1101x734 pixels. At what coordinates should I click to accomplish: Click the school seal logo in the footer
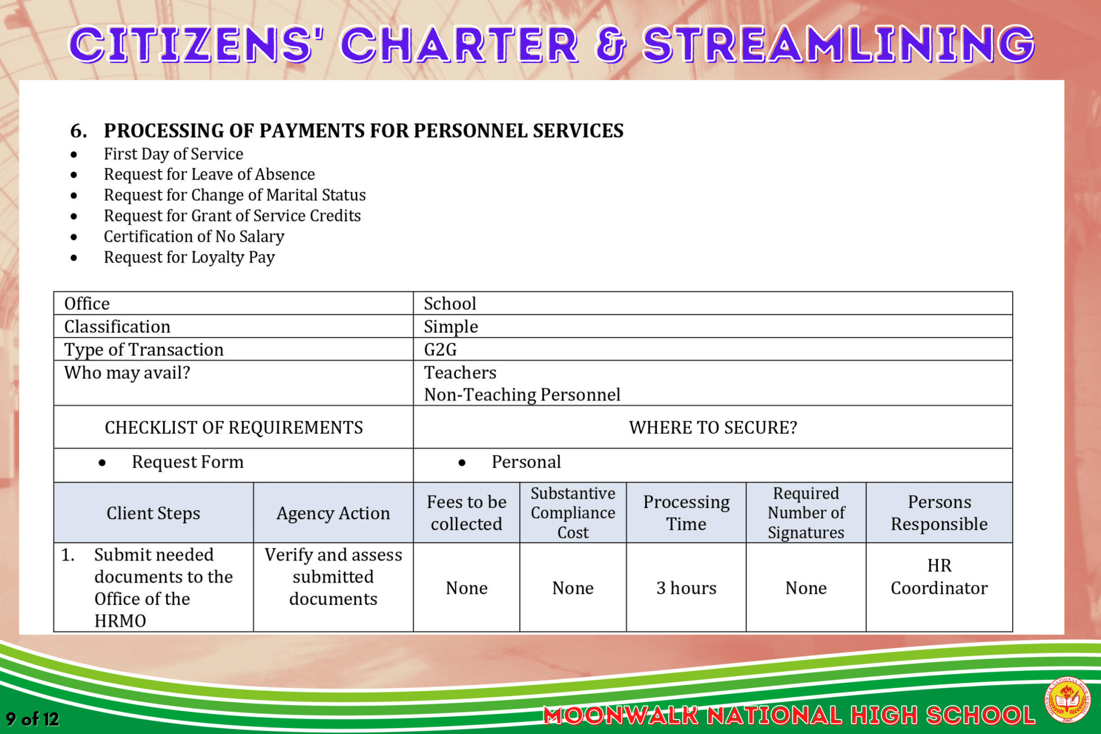pyautogui.click(x=1068, y=700)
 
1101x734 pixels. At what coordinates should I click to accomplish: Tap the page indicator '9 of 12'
pyautogui.click(x=32, y=719)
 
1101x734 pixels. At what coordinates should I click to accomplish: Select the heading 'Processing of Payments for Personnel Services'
pyautogui.click(x=363, y=131)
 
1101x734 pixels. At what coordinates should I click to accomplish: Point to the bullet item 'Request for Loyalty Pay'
pyautogui.click(x=189, y=257)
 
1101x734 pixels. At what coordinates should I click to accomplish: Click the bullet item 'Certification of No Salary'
pyautogui.click(x=194, y=236)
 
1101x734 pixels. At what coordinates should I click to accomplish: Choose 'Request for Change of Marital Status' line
pyautogui.click(x=235, y=195)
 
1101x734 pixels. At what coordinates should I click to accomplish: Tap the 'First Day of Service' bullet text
pyautogui.click(x=173, y=154)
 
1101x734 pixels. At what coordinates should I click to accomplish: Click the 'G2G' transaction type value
pyautogui.click(x=440, y=350)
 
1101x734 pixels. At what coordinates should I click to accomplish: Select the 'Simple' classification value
pyautogui.click(x=451, y=327)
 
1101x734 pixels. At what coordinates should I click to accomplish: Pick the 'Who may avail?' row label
pyautogui.click(x=127, y=372)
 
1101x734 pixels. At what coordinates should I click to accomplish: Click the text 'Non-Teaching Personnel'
pyautogui.click(x=522, y=395)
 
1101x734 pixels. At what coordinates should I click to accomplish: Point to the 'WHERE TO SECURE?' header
pyautogui.click(x=712, y=427)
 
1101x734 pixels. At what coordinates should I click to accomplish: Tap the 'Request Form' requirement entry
pyautogui.click(x=187, y=462)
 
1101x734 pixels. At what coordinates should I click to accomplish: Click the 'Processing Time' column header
pyautogui.click(x=686, y=513)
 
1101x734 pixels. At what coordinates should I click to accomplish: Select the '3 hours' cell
pyautogui.click(x=686, y=588)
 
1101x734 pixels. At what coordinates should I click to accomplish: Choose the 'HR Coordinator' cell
pyautogui.click(x=939, y=577)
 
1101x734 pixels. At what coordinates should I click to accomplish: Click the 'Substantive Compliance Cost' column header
pyautogui.click(x=573, y=513)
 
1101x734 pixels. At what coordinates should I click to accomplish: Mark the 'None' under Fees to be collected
pyautogui.click(x=467, y=588)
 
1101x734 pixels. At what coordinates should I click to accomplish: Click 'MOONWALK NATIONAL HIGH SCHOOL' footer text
pyautogui.click(x=789, y=716)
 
